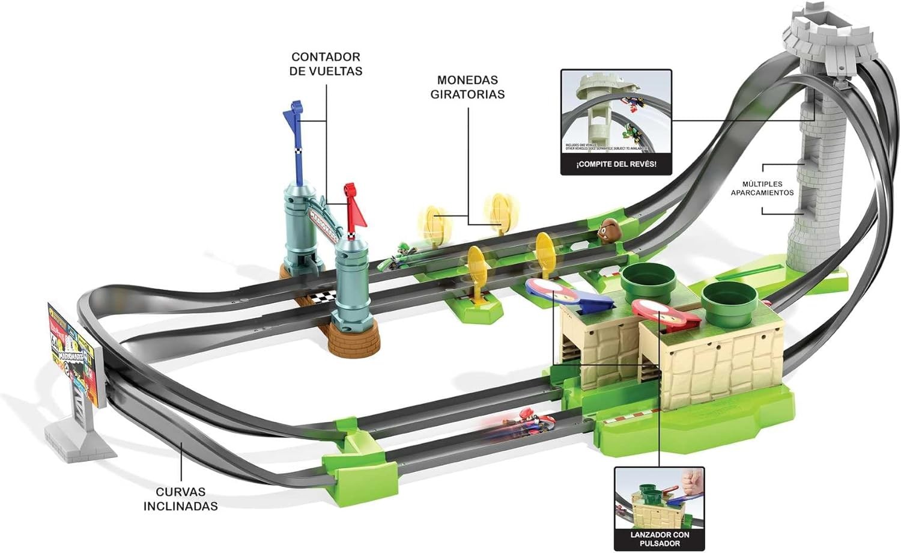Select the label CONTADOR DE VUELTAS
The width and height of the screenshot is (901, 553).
click(326, 64)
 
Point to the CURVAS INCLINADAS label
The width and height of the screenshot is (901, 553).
click(180, 499)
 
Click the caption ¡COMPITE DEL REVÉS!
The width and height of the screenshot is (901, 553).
click(616, 164)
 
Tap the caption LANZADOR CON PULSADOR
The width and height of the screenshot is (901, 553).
click(660, 539)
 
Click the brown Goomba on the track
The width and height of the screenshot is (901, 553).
click(608, 229)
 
